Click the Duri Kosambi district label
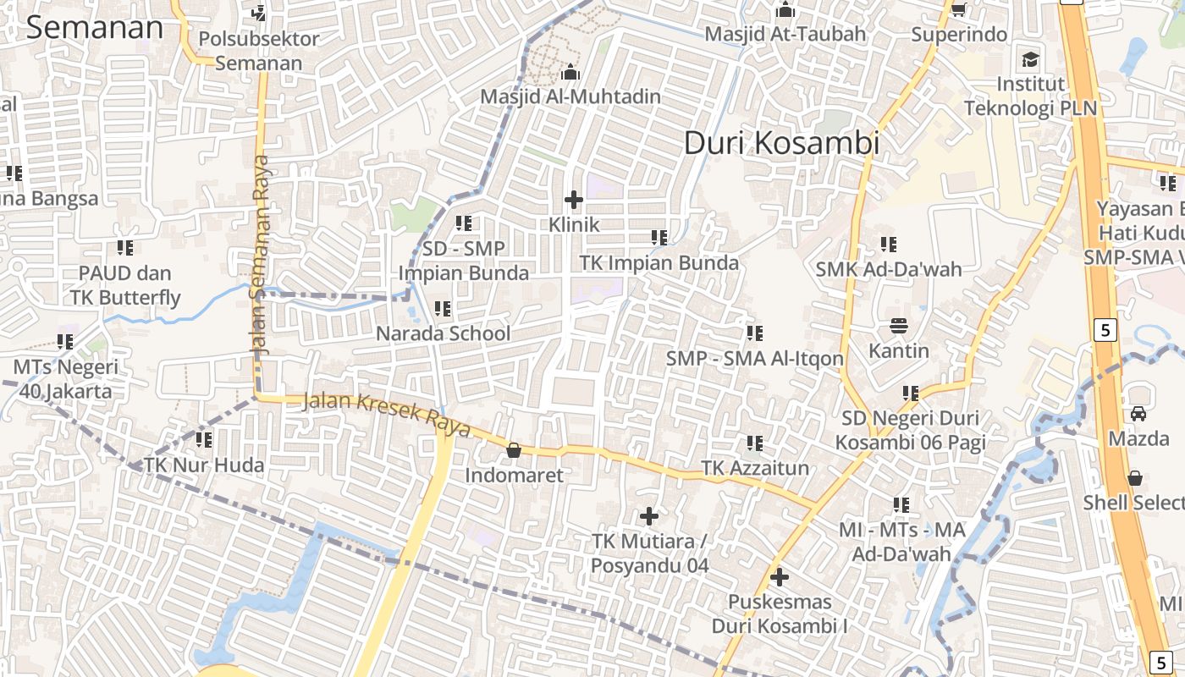tap(781, 143)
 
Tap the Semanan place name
tap(94, 27)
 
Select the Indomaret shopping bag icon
tap(513, 450)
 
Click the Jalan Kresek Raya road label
tap(386, 414)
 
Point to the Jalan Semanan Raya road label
tap(260, 254)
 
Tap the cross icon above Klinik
tap(574, 200)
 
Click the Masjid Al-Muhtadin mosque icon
tap(570, 72)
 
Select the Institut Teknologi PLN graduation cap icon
tap(1030, 59)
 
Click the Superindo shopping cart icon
tap(958, 9)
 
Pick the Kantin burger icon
tap(898, 326)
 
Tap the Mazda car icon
tap(1138, 414)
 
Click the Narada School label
tap(443, 333)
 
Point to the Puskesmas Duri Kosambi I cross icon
tap(780, 577)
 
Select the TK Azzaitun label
tap(755, 468)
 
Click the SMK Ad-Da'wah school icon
tap(888, 245)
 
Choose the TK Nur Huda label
tap(204, 465)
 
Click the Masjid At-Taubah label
tap(785, 34)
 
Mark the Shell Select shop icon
tap(1135, 478)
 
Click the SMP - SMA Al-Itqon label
tap(754, 358)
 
